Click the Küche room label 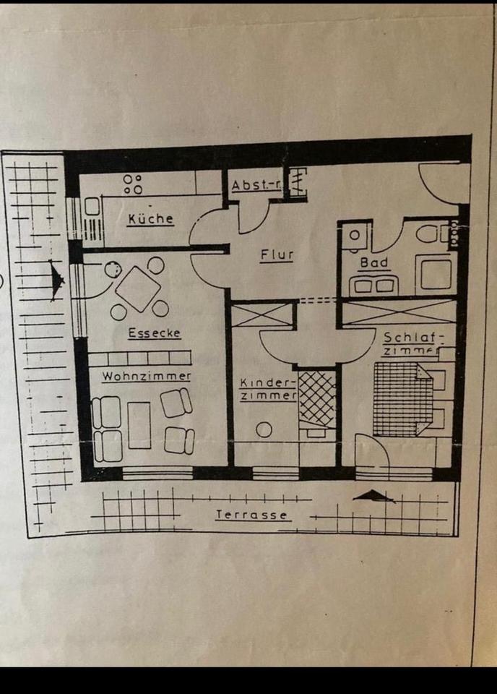150,218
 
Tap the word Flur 277,254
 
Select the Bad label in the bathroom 374,263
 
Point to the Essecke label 153,333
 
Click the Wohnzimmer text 146,377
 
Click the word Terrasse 252,515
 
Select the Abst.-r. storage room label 255,186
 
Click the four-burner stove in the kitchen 132,184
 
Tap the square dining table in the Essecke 137,288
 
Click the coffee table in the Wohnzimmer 139,424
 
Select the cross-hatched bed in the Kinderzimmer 317,398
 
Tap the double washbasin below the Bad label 373,286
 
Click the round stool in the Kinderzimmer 264,429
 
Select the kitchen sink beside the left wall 92,207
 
